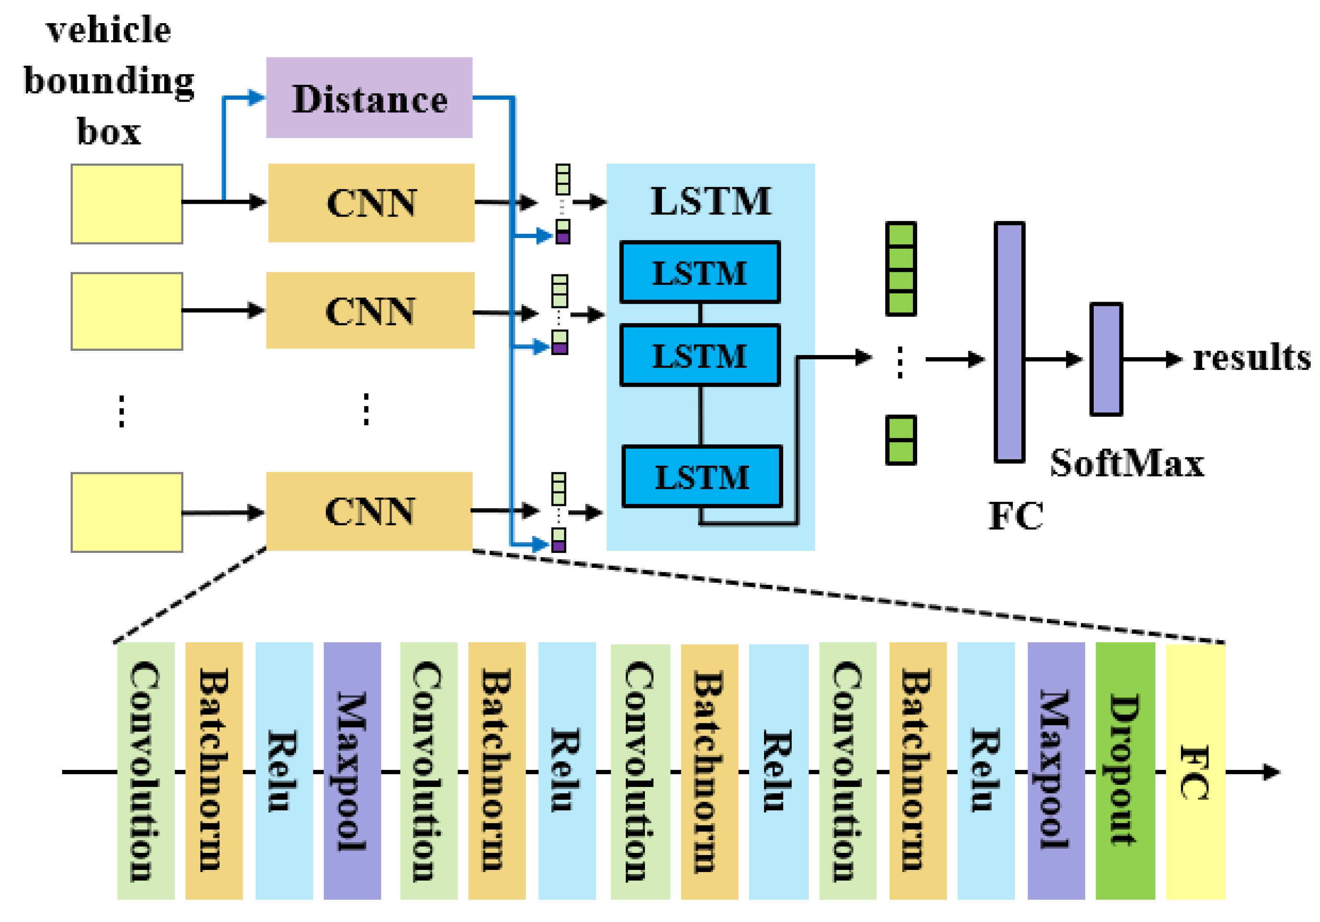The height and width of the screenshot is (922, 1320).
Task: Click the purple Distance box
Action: (369, 98)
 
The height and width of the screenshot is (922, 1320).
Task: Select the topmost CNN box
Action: (371, 203)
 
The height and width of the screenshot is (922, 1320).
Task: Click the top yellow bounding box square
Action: (127, 204)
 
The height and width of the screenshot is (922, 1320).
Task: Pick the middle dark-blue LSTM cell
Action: (700, 355)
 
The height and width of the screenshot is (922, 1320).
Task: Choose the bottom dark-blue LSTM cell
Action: (702, 476)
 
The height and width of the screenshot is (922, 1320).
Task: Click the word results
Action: (1251, 358)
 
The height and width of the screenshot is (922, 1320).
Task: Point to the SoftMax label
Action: (1127, 463)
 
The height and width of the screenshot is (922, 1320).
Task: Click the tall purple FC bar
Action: (1009, 342)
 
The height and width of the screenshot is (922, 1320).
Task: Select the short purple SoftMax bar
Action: (1106, 359)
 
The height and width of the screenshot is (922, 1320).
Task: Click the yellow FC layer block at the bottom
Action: (1195, 770)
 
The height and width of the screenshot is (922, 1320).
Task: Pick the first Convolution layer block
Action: (146, 770)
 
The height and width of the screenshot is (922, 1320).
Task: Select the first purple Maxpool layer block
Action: (352, 770)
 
